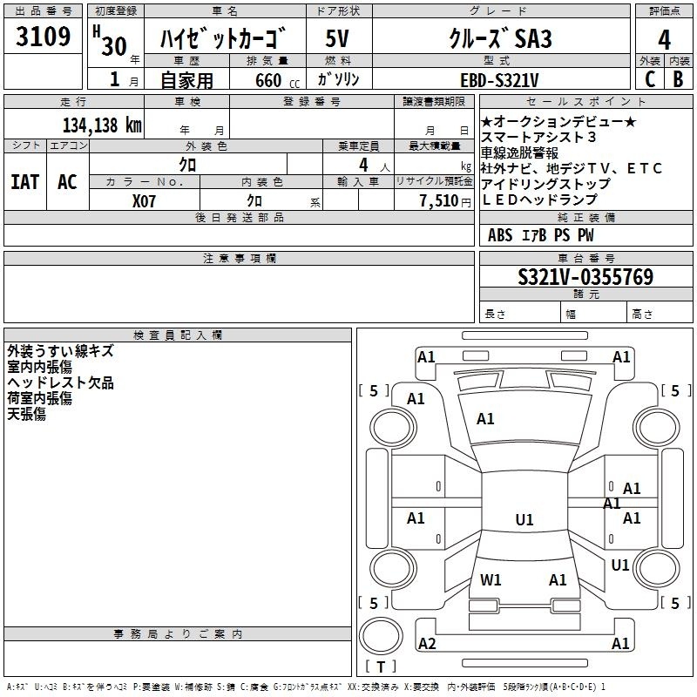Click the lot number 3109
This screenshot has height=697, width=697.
(43, 37)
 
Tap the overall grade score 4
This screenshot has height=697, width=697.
(664, 40)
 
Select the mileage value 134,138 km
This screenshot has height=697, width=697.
(102, 125)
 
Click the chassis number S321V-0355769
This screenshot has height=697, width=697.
(585, 276)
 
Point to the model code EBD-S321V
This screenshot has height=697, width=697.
(499, 80)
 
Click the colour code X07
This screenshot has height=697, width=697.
(144, 201)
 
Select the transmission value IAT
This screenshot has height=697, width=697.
(25, 182)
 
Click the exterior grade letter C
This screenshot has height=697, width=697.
(650, 79)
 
